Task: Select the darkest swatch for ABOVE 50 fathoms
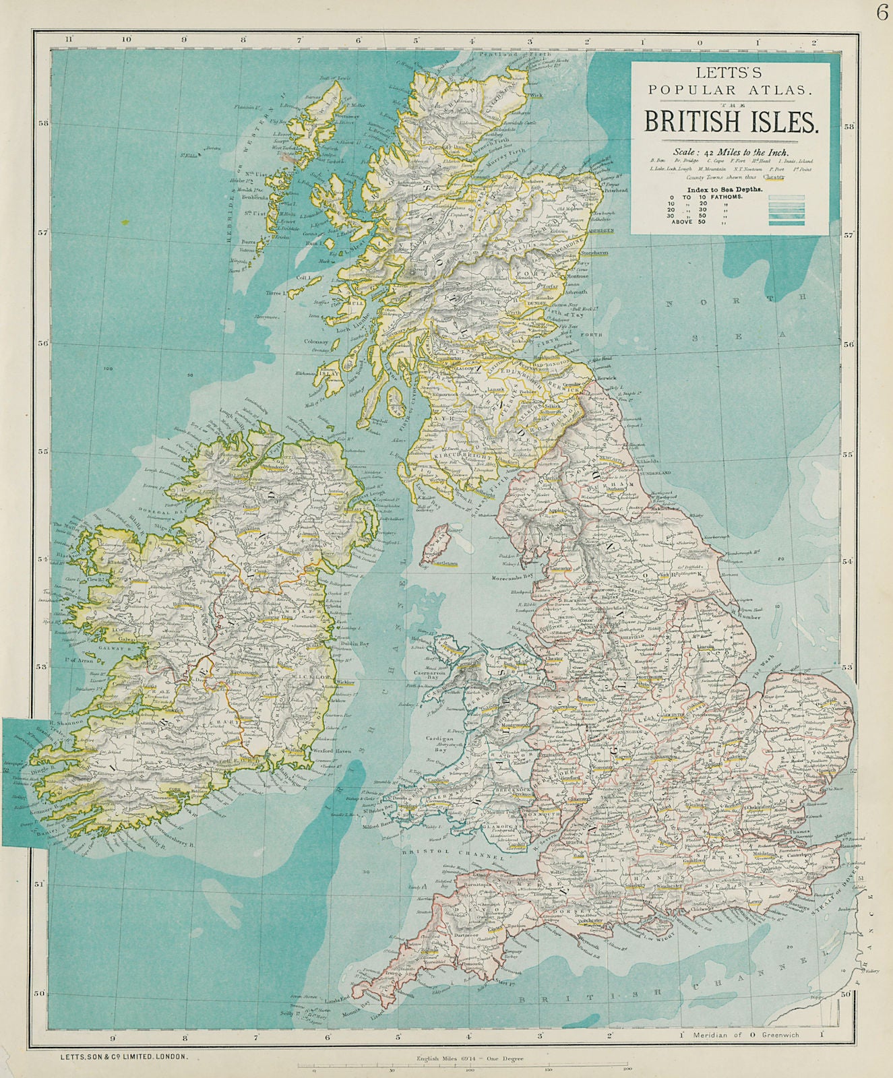click(787, 222)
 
